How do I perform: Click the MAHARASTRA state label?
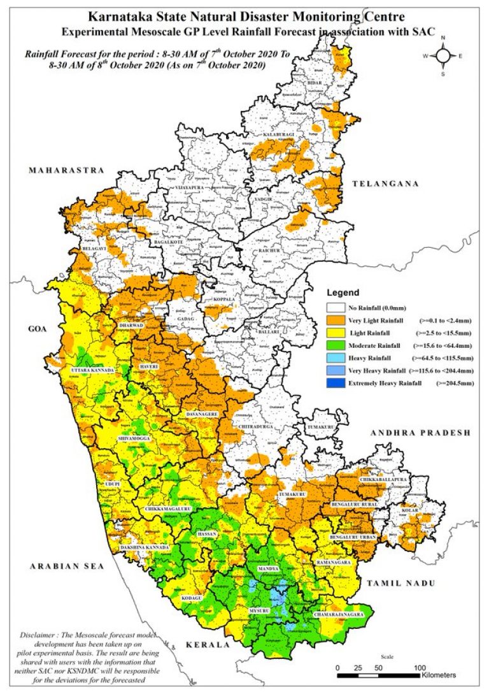pyautogui.click(x=66, y=171)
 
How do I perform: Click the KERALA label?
pyautogui.click(x=207, y=645)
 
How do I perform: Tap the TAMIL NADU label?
pyautogui.click(x=400, y=583)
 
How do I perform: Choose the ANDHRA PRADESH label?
pyautogui.click(x=421, y=433)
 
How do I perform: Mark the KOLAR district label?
pyautogui.click(x=409, y=510)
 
